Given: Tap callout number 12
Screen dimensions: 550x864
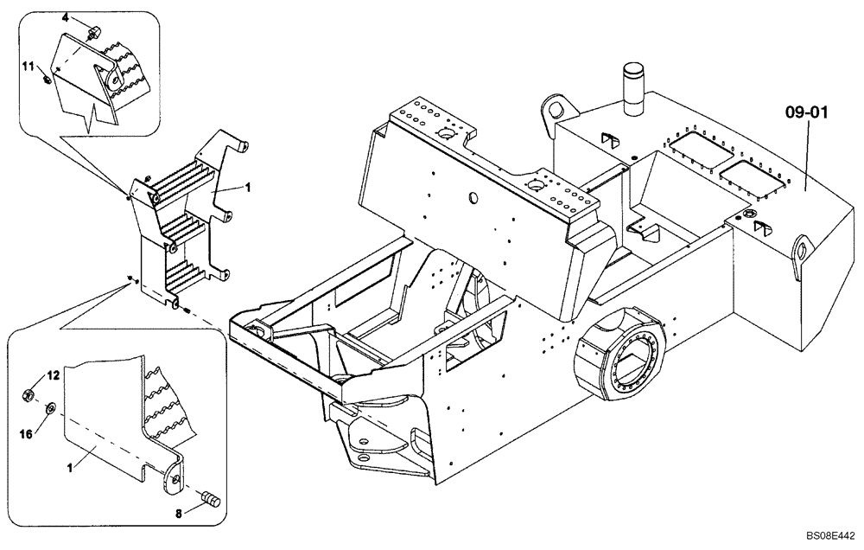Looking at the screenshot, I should point(53,376).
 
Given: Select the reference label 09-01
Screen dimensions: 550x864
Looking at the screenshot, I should point(805,112).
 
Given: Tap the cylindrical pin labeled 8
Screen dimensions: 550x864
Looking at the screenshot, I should point(211,499).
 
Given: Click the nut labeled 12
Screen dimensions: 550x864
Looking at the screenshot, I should point(28,396).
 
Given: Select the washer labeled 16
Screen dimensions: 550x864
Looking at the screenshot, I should point(51,406).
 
